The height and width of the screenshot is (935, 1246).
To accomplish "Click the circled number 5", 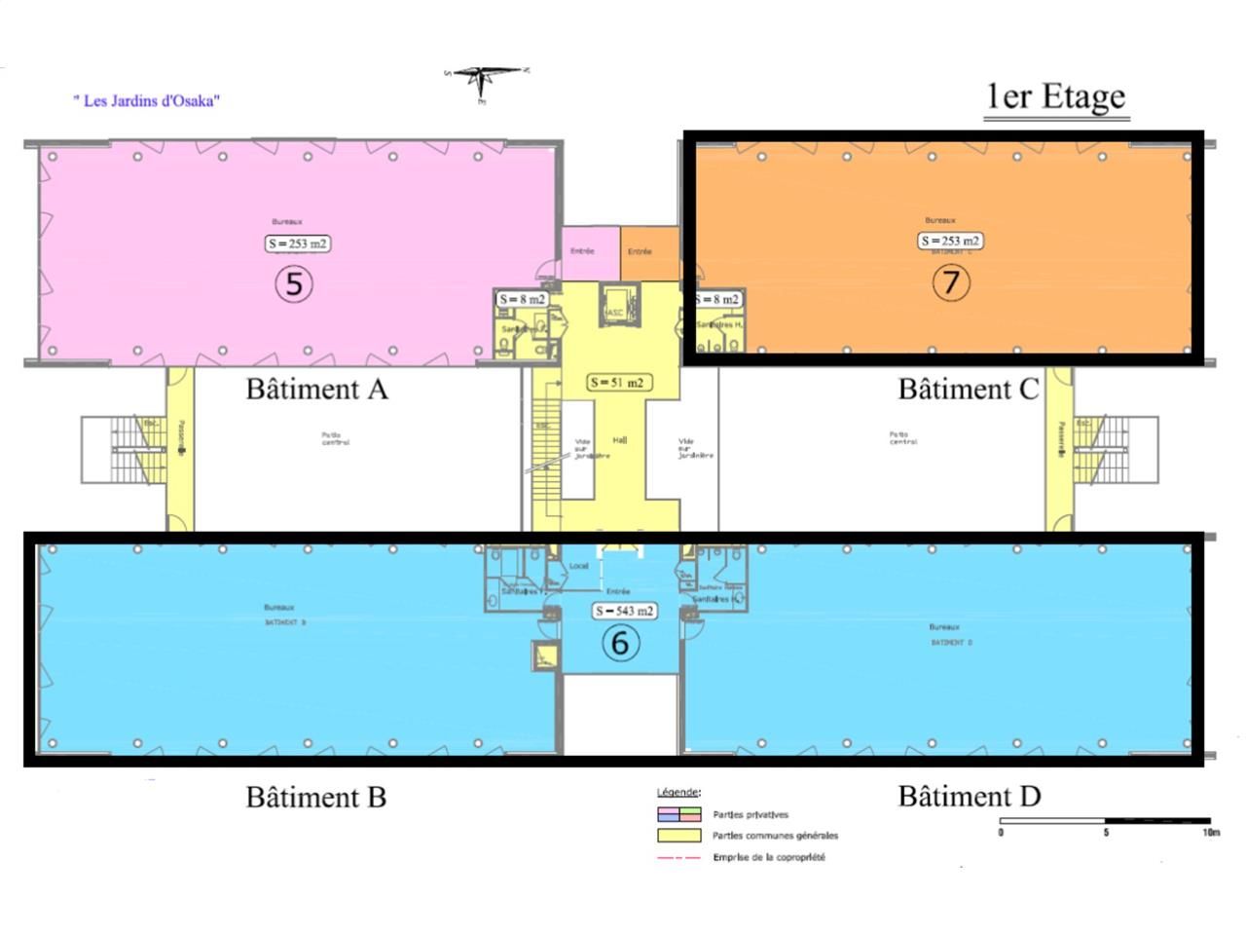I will coord(294,284).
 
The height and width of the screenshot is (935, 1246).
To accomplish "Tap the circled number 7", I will coord(951,282).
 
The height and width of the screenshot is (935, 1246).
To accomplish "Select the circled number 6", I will coord(620,643).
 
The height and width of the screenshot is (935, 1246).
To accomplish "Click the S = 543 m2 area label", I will coord(624,611).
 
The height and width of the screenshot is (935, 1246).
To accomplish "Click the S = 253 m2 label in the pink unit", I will coord(298,243).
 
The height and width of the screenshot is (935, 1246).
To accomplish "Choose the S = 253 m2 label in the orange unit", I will coord(950,241).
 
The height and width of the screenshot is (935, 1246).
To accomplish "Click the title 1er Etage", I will coord(1056,97).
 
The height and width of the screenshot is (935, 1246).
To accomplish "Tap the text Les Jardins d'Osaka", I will coord(147,100).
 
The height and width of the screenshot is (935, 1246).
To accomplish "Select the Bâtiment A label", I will coord(316,390).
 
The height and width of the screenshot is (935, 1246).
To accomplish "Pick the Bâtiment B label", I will coord(316,798).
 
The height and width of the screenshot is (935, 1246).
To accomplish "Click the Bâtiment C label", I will coord(969,390).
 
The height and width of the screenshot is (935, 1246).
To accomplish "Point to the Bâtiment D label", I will coord(970,797).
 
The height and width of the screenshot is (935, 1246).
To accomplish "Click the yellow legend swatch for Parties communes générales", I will coord(678,836).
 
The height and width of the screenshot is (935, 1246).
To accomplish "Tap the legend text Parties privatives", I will coord(751,814).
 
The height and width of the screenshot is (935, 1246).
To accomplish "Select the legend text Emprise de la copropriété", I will coord(769,857).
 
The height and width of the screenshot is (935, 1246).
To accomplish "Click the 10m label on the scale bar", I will coord(1210,833).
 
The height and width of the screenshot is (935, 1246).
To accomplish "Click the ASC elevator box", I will coord(615,304).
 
